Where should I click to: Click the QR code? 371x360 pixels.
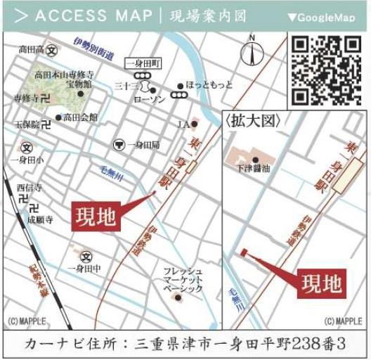pyautogui.click(x=326, y=70)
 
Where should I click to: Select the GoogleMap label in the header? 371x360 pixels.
pyautogui.click(x=325, y=17)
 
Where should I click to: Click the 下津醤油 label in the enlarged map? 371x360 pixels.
pyautogui.click(x=255, y=169)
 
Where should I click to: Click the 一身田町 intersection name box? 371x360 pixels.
pyautogui.click(x=143, y=64)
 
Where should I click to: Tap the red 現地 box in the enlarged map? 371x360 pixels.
pyautogui.click(x=322, y=283)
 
